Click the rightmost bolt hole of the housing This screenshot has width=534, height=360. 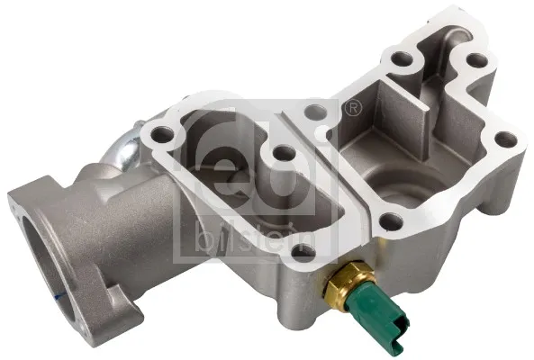click(x=507, y=140)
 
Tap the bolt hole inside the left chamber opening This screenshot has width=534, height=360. click(x=281, y=153)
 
